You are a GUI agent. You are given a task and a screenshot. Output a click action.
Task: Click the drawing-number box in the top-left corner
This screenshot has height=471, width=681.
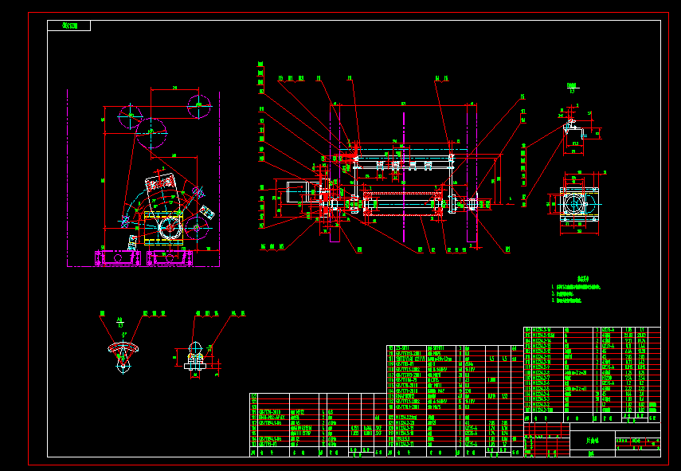pyautogui.click(x=69, y=26)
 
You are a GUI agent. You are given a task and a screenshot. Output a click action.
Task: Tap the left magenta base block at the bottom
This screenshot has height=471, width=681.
pyautogui.click(x=117, y=257)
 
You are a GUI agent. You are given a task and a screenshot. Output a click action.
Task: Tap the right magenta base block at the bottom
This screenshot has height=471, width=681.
pyautogui.click(x=169, y=257)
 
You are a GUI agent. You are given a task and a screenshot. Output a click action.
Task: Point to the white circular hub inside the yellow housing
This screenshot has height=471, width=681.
pyautogui.click(x=169, y=228)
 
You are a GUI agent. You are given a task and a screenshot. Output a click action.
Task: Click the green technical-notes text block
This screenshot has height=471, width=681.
pyautogui.click(x=575, y=292)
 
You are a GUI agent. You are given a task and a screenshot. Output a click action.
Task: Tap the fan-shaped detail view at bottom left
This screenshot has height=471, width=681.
pyautogui.click(x=123, y=351)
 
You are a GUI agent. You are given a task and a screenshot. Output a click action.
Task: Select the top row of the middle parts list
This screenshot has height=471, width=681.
pyautogui.click(x=454, y=348)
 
